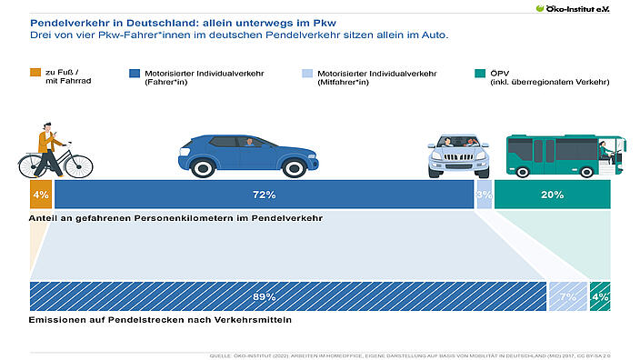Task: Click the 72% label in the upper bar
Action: (264, 195)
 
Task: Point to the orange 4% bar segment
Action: (40, 195)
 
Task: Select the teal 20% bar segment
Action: (552, 195)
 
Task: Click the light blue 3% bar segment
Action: (484, 195)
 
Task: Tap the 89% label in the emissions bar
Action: (264, 296)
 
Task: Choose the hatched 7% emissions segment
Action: (567, 296)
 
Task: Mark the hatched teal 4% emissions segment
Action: (600, 296)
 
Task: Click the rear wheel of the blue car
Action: (294, 167)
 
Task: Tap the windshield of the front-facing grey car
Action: (458, 142)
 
